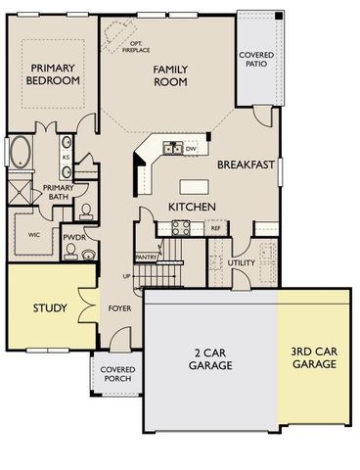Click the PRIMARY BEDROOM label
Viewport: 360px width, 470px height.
click(53, 74)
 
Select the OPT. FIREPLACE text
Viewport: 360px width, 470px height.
click(131, 43)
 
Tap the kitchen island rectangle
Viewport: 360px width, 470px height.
click(196, 185)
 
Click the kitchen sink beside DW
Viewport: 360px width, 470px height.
click(172, 148)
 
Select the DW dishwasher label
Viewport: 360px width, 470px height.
click(191, 149)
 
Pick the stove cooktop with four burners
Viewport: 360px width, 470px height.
click(182, 227)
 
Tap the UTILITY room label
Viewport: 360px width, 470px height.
click(242, 263)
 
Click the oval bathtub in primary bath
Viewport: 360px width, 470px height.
click(20, 153)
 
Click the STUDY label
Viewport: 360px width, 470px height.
click(50, 308)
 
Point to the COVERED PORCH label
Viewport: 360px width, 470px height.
click(118, 375)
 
